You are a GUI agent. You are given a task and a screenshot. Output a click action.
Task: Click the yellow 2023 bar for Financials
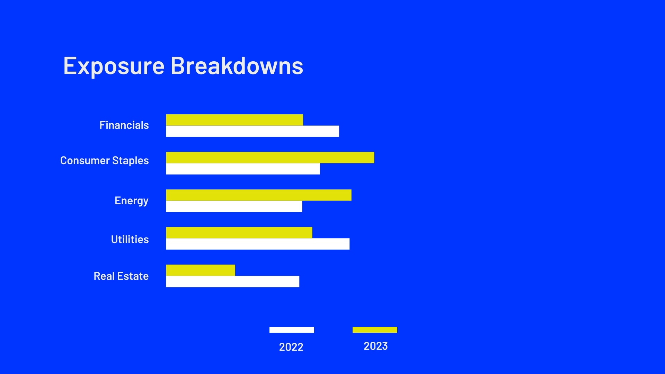click(x=234, y=120)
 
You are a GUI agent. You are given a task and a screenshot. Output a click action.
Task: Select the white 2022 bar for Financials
click(x=252, y=131)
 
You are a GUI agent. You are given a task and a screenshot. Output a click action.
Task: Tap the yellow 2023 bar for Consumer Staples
click(x=270, y=158)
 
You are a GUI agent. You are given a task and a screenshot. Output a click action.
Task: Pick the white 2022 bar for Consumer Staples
click(x=243, y=169)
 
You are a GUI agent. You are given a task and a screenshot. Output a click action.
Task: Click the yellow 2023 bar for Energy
click(x=259, y=195)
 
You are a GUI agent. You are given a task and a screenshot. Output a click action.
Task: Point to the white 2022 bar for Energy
click(x=234, y=206)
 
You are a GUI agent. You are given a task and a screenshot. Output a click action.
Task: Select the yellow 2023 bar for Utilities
click(x=239, y=233)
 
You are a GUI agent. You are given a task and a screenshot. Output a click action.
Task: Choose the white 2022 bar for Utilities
click(x=258, y=244)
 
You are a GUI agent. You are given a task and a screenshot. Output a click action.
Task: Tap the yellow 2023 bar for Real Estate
click(x=201, y=270)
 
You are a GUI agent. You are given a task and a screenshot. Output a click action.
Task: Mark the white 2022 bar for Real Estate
click(x=233, y=282)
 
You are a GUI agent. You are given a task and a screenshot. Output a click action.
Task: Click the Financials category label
click(x=124, y=125)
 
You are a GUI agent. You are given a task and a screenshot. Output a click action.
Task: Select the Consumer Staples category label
click(x=104, y=161)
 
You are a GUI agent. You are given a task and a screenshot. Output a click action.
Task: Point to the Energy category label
click(x=132, y=201)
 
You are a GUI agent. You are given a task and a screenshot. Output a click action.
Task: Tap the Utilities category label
click(x=130, y=239)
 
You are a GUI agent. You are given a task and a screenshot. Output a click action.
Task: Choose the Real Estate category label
click(x=121, y=276)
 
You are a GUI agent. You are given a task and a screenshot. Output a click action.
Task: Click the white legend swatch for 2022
click(x=292, y=330)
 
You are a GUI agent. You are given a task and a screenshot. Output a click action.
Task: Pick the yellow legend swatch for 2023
click(x=375, y=330)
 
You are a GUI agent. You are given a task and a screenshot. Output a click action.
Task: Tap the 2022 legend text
click(x=291, y=347)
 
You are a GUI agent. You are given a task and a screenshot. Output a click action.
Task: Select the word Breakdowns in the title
click(x=237, y=65)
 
